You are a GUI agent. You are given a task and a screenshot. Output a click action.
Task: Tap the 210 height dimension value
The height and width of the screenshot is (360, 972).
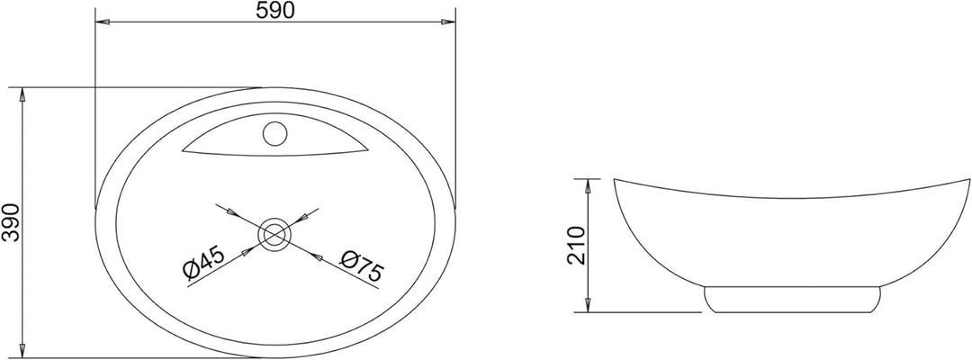[x=576, y=246]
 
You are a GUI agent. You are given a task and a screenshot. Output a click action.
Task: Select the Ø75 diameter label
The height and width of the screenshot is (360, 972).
[x=362, y=265]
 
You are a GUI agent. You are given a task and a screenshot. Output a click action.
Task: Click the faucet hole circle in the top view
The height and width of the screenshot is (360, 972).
[x=274, y=133]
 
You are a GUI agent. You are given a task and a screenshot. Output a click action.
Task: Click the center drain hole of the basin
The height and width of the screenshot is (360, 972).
[x=274, y=234]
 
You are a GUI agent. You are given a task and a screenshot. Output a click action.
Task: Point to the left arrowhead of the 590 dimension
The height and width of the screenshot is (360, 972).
[x=102, y=22]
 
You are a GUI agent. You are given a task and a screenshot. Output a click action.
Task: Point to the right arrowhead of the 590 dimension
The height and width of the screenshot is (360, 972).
[x=448, y=22]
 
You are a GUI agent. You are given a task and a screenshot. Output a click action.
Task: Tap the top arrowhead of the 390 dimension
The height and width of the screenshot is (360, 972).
[x=22, y=94]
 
